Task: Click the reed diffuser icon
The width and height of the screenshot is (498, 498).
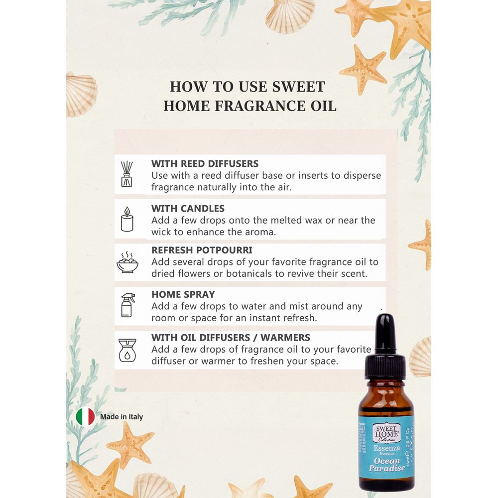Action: click(126, 174)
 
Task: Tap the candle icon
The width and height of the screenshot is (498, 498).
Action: click(127, 219)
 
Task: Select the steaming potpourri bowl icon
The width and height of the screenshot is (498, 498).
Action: click(127, 262)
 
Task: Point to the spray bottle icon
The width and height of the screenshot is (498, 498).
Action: click(128, 305)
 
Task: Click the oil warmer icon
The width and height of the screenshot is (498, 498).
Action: click(127, 350)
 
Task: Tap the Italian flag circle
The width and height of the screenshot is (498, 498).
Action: click(85, 416)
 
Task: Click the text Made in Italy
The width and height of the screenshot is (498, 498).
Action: click(122, 417)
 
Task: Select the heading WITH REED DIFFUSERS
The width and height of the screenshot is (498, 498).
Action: click(205, 163)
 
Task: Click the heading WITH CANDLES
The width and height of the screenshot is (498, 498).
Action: click(188, 208)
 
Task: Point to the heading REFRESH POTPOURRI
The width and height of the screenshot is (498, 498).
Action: click(202, 250)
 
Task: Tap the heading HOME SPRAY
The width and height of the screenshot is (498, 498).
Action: click(183, 294)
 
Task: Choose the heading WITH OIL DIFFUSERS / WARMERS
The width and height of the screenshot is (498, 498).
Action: click(231, 337)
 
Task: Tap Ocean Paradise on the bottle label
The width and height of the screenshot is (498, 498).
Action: click(387, 464)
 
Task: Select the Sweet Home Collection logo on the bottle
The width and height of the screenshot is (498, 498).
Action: click(386, 432)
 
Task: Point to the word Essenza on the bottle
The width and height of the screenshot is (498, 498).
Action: click(386, 448)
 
